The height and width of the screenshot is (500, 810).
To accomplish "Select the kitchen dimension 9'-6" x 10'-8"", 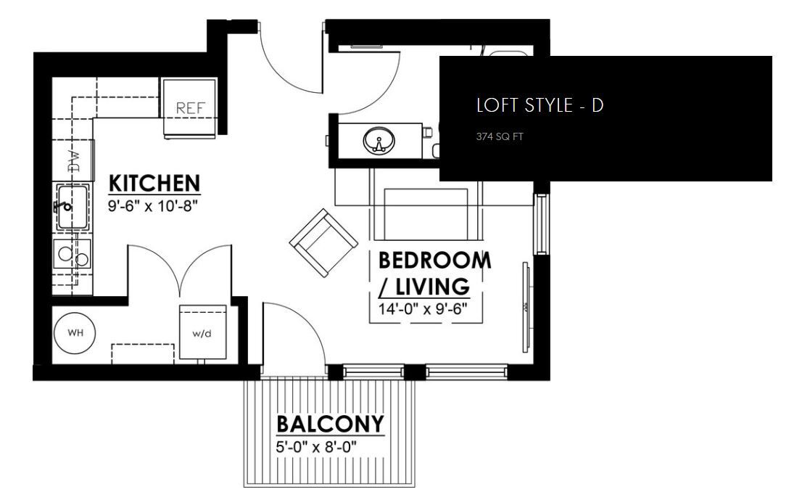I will pos(152,205).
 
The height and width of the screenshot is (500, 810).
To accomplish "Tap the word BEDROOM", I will pos(434,261).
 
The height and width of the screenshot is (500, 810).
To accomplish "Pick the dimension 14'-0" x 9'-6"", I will pos(423,308).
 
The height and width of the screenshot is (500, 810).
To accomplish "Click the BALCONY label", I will pos(331,425).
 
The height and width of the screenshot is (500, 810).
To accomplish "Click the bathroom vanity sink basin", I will pos(378,140).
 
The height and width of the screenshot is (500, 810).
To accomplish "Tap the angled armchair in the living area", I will pos(323,242).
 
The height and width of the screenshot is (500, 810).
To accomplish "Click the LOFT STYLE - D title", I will pos(540,105).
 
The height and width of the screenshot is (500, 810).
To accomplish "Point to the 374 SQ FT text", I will pos(499,136).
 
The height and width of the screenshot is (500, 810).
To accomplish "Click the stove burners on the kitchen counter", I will pos(73,255).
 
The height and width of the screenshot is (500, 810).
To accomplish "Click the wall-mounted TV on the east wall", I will pos(525,308).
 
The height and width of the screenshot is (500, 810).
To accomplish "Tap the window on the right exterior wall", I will pos(540,224).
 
